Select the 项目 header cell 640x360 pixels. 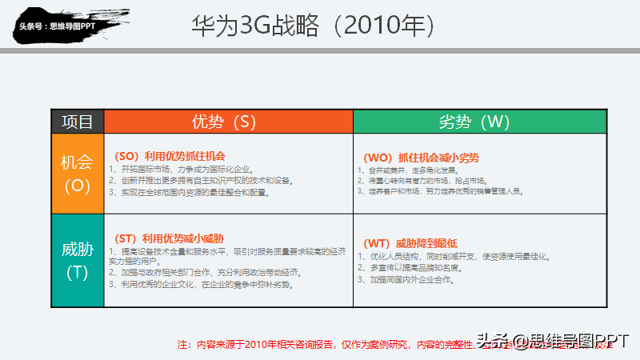[x=78, y=122]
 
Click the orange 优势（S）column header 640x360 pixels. [x=229, y=122]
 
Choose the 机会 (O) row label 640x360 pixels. [x=78, y=173]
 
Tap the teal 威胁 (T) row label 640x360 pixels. [x=78, y=260]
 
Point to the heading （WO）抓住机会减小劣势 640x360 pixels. [x=421, y=158]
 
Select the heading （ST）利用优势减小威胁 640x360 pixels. [x=169, y=238]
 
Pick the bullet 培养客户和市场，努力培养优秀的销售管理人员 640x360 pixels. [x=440, y=191]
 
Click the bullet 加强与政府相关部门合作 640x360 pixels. [x=204, y=273]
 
